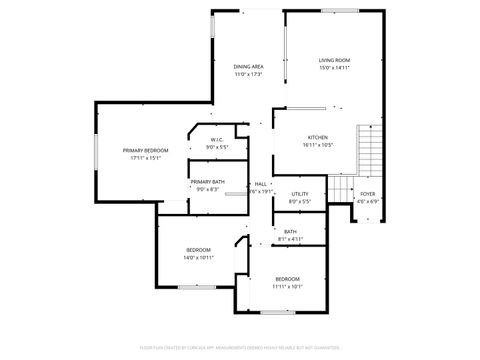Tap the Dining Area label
coord(249,66)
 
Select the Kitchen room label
coord(318,137)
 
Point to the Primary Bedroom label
coord(142,150)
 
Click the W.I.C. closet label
coord(217,139)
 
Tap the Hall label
coord(260,184)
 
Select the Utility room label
coord(300,194)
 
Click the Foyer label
coord(368,194)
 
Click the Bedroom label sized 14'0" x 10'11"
coord(198,250)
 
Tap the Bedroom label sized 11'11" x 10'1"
coord(288,278)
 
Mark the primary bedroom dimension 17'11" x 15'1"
coord(142,158)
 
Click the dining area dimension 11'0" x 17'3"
coord(249,74)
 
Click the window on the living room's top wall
coord(340,11)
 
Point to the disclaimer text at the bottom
coord(240,346)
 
